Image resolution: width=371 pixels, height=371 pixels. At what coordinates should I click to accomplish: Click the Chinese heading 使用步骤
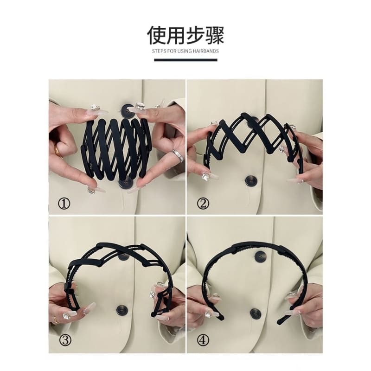[x=185, y=35]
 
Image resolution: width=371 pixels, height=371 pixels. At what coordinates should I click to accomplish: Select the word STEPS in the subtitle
[x=159, y=51]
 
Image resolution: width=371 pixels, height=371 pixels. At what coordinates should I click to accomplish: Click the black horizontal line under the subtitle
[x=185, y=60]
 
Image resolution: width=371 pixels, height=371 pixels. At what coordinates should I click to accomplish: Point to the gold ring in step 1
[x=58, y=150]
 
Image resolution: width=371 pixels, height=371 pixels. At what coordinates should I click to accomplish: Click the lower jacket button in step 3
[x=122, y=309]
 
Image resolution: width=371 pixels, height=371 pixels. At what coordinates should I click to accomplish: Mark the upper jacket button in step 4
[x=261, y=256]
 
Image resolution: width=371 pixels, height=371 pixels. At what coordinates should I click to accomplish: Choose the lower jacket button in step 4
[x=255, y=313]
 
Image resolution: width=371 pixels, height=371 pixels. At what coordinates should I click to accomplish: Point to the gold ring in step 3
[x=56, y=320]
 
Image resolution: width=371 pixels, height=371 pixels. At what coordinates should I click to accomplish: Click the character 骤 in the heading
[x=214, y=35]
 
